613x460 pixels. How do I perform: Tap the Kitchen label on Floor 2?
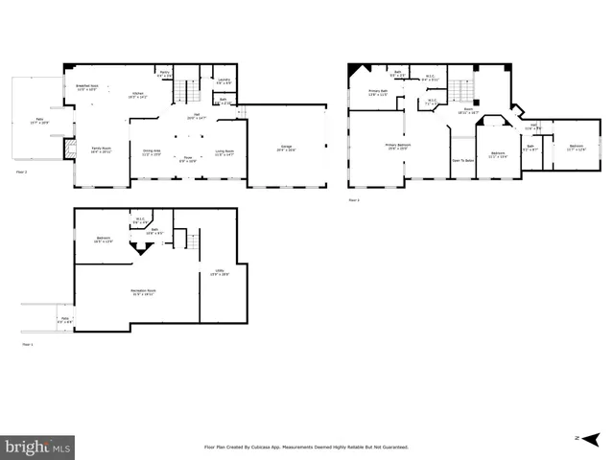coord(138,95)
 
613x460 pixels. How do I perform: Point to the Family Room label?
coord(102,150)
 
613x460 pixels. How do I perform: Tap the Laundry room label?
coord(223,80)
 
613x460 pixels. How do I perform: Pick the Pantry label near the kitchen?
coord(164,75)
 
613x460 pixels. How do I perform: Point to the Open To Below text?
coord(463,160)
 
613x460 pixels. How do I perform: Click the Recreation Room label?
coord(144,292)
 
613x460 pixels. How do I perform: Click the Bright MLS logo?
coord(38,447)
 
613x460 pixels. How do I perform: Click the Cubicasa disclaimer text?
coord(306,447)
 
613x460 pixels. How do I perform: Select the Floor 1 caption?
coord(28,344)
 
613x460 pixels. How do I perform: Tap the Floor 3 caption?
coord(354,200)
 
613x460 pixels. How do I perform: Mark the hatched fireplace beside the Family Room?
coord(68,148)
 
